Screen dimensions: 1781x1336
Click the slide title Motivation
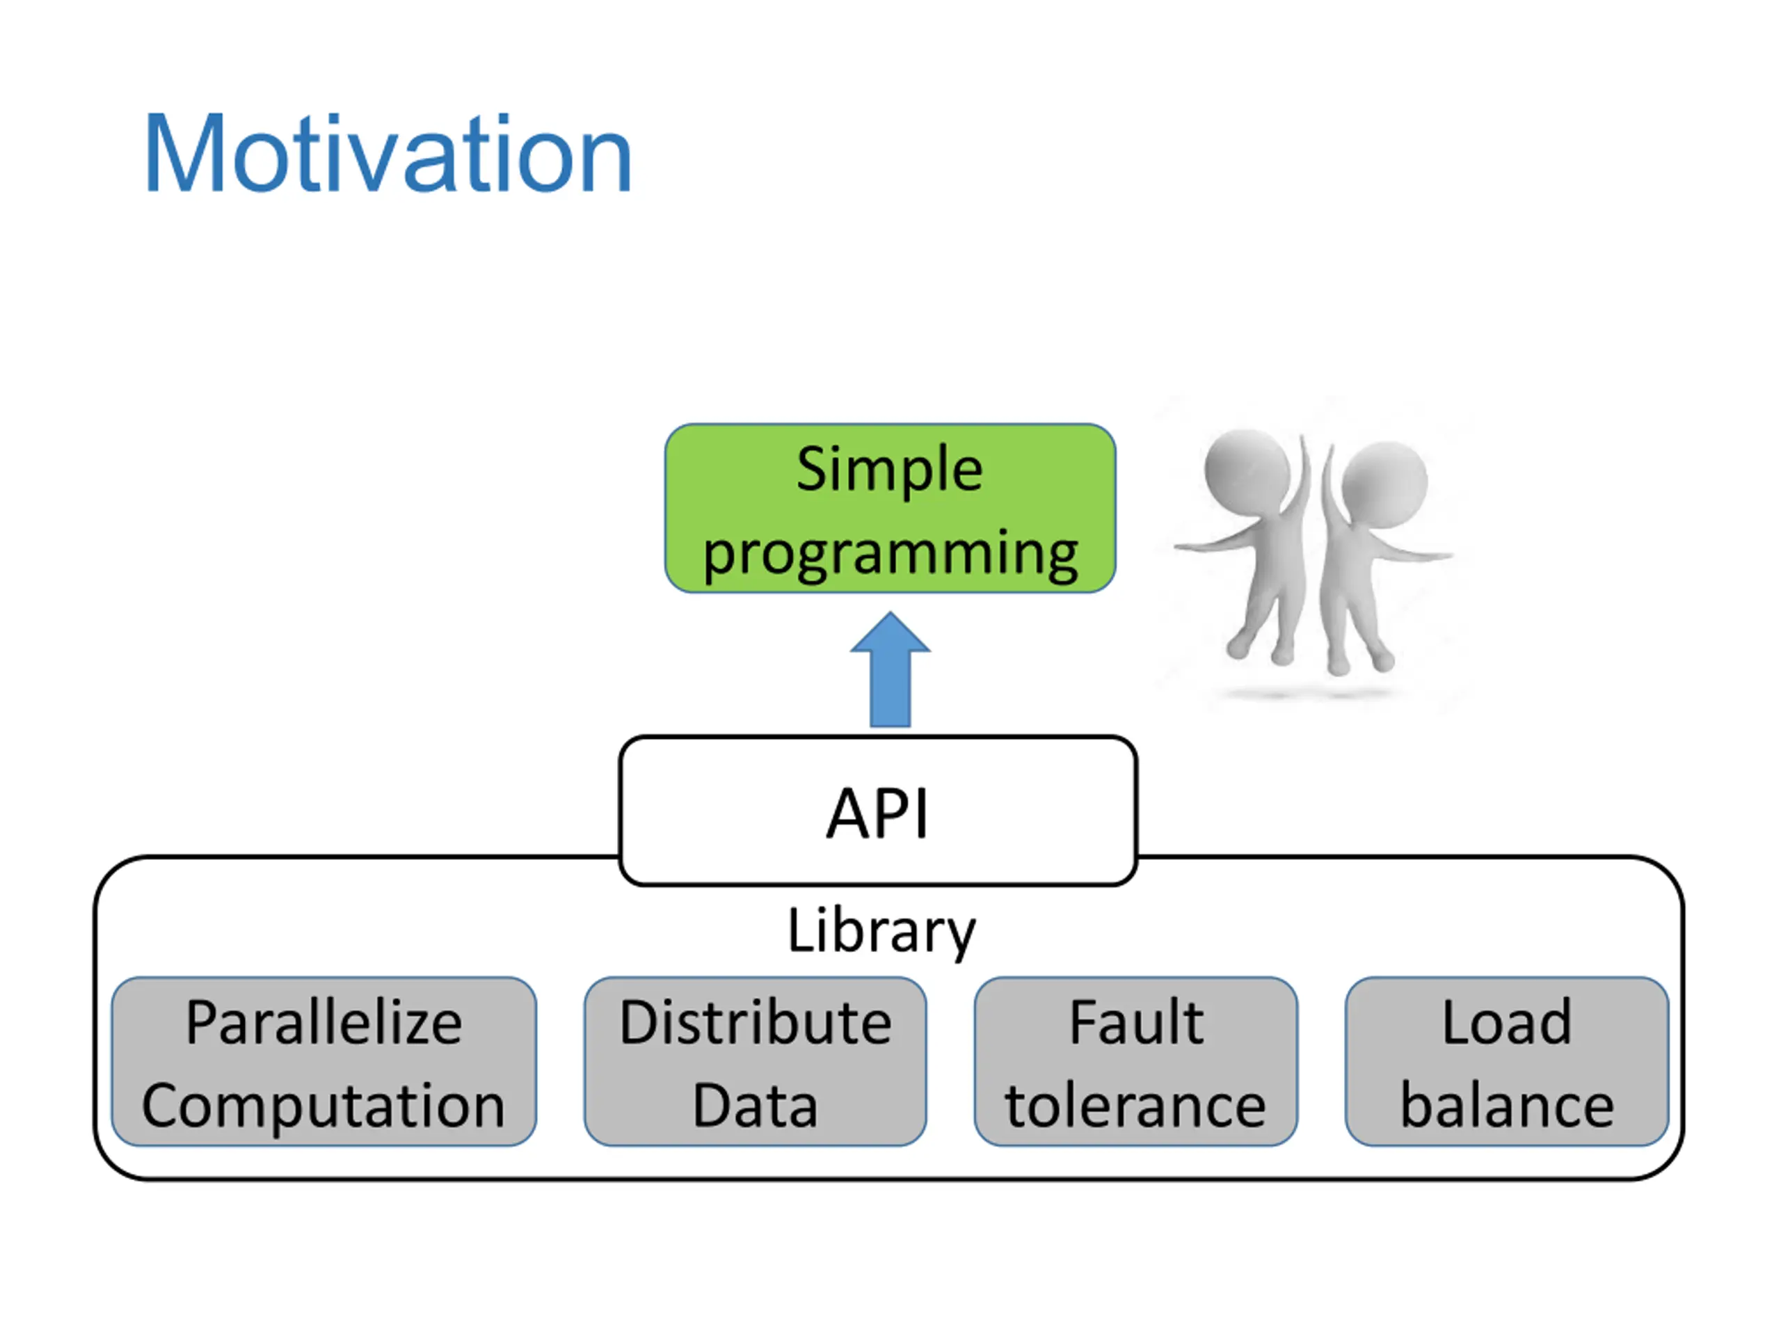coord(388,153)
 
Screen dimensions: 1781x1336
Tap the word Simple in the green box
coord(890,470)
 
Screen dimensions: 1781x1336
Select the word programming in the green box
coord(890,553)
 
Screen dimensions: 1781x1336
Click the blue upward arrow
coord(890,669)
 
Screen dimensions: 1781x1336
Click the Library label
coord(881,931)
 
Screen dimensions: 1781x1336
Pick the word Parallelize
coord(324,1022)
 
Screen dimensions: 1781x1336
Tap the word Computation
coord(324,1106)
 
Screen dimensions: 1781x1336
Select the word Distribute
coord(756,1022)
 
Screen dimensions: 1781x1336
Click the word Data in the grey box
coord(756,1106)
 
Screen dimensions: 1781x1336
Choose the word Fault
coord(1136,1022)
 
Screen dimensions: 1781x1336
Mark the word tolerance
coord(1135,1106)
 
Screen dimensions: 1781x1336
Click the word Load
coord(1506,1022)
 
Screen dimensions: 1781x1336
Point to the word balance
coord(1506,1106)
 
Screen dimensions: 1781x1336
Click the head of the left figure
coord(1248,470)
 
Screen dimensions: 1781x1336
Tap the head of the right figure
coord(1385,481)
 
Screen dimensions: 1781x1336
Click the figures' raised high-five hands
coord(1314,467)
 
